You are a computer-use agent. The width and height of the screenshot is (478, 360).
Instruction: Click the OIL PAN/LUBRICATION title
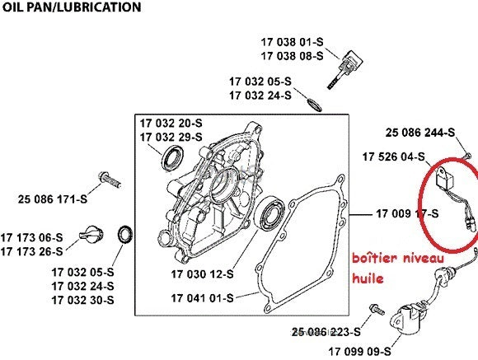pyautogui.click(x=72, y=7)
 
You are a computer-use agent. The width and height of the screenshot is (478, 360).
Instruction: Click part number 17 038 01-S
pyautogui.click(x=292, y=42)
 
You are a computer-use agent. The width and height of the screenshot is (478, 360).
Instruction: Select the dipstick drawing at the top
pyautogui.click(x=345, y=69)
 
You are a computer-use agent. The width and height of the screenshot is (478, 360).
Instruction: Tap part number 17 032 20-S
pyautogui.click(x=171, y=123)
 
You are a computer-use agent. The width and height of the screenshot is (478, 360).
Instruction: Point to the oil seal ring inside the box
pyautogui.click(x=172, y=158)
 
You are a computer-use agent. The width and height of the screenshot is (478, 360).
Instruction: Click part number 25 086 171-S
pyautogui.click(x=53, y=199)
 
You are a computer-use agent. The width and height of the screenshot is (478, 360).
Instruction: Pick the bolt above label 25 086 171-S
pyautogui.click(x=110, y=180)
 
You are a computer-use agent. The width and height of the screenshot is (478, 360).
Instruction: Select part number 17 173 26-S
pyautogui.click(x=31, y=251)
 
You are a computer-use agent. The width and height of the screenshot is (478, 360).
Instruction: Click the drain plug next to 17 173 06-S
pyautogui.click(x=91, y=235)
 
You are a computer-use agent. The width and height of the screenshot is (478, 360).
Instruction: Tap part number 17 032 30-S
pyautogui.click(x=82, y=300)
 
